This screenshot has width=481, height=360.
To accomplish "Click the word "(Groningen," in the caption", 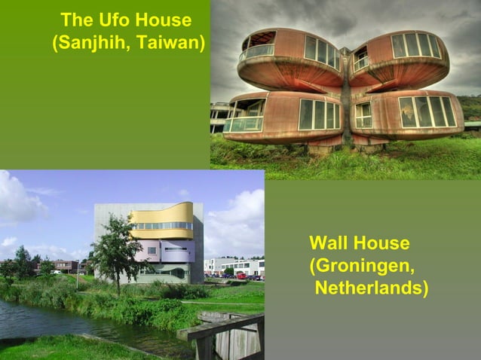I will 362,266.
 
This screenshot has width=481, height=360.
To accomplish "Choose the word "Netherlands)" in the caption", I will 372,288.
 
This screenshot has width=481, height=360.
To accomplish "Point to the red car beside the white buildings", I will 241,276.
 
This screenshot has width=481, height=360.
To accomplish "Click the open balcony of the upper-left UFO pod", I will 258,45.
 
